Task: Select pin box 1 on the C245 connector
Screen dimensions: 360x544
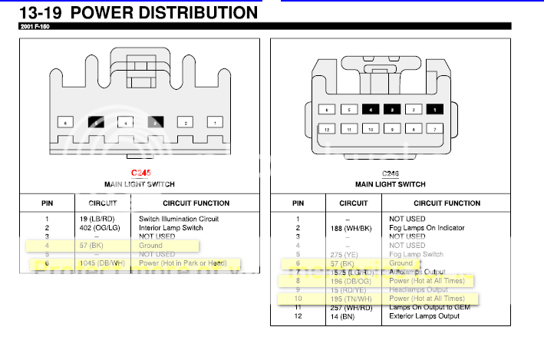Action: (x=216, y=122)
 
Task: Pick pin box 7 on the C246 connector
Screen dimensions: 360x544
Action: (x=436, y=130)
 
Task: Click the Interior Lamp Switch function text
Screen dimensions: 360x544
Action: (x=170, y=228)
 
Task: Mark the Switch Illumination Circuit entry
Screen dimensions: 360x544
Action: (x=179, y=219)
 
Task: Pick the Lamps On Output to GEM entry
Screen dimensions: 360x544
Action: (x=434, y=307)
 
